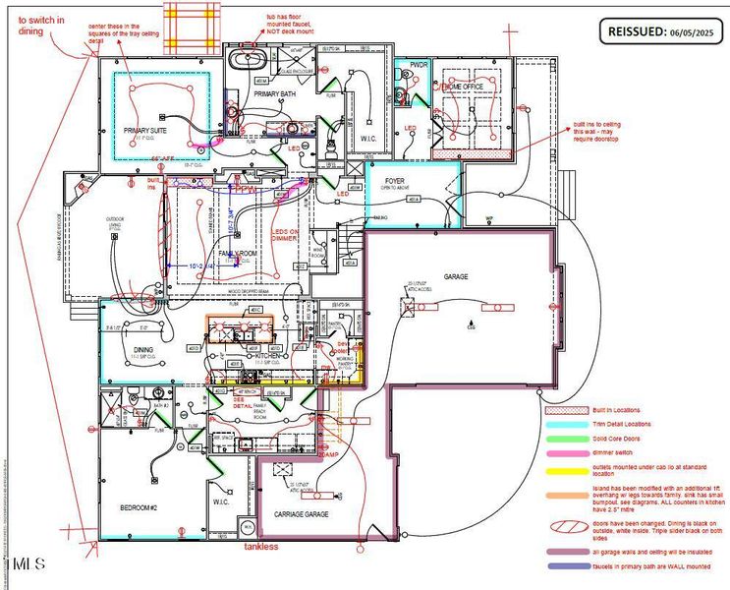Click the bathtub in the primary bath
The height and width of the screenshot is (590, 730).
[x=241, y=59]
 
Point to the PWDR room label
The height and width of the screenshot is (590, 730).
[x=419, y=65]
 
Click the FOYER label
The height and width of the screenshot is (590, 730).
[x=395, y=181]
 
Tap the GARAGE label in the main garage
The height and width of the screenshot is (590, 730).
[x=456, y=277]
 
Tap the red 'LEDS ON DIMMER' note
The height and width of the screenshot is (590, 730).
[x=286, y=235]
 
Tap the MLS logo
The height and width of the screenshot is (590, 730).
[x=28, y=563]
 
